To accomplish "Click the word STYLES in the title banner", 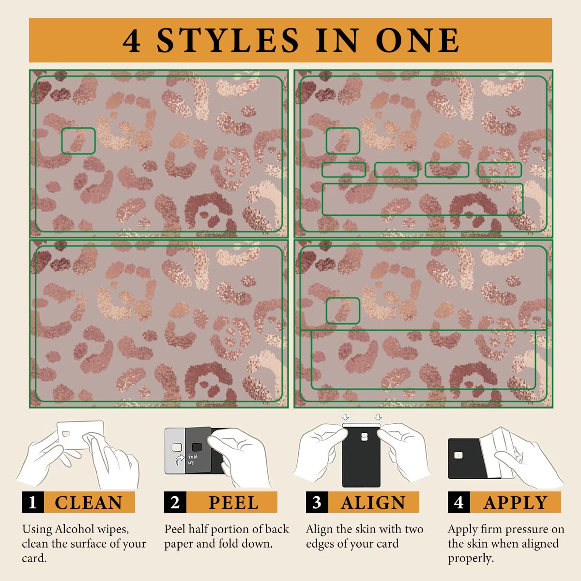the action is [228, 40].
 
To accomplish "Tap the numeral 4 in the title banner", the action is [132, 41].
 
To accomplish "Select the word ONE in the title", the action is [417, 40].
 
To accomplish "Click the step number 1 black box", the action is [33, 502].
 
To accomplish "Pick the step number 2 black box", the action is [175, 502].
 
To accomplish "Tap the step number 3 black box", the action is [317, 502].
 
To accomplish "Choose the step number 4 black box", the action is [459, 502].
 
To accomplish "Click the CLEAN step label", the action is [88, 503].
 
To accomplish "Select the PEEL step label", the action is [234, 503].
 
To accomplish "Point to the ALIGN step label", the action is [373, 503].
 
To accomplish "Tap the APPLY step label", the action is [515, 503].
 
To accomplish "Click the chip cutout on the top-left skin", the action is [78, 141].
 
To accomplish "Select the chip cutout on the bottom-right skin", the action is [343, 310].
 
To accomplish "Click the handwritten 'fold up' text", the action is [193, 459].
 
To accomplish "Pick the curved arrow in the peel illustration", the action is [180, 459].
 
